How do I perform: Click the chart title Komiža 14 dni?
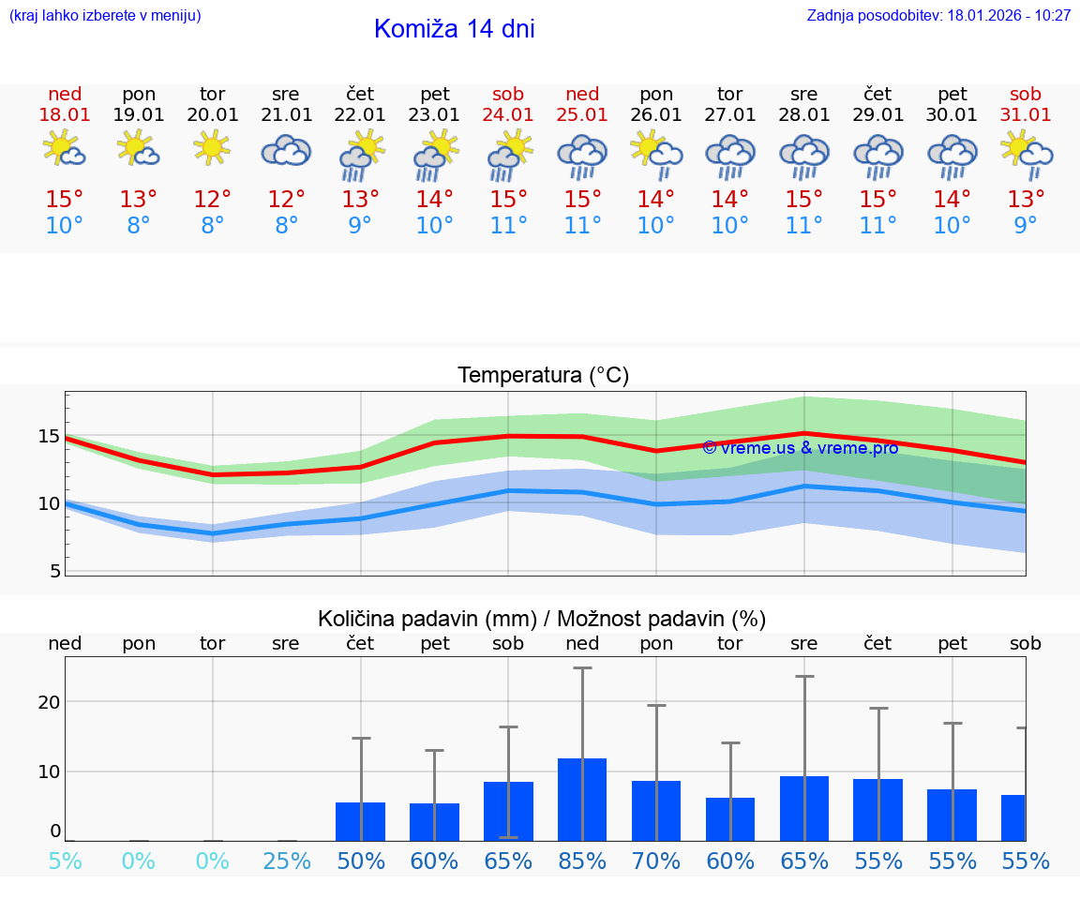pyautogui.click(x=454, y=29)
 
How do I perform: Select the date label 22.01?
pyautogui.click(x=360, y=114)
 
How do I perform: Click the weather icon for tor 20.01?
pyautogui.click(x=213, y=148)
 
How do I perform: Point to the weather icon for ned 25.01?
pyautogui.click(x=582, y=154)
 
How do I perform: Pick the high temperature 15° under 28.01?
pyautogui.click(x=803, y=200)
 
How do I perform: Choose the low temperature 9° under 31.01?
pyautogui.click(x=1026, y=226)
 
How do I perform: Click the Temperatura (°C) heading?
pyautogui.click(x=543, y=376)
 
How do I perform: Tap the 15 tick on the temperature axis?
pyautogui.click(x=49, y=436)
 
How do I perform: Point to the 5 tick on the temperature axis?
pyautogui.click(x=53, y=570)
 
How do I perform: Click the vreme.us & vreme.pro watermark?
pyautogui.click(x=800, y=448)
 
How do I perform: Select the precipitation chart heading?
pyautogui.click(x=542, y=619)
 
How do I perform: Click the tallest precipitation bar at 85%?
pyautogui.click(x=582, y=800)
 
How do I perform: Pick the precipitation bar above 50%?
pyautogui.click(x=360, y=822)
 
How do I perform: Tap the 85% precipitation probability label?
pyautogui.click(x=582, y=861)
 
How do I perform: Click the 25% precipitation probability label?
pyautogui.click(x=286, y=861)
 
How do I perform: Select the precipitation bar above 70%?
pyautogui.click(x=656, y=811)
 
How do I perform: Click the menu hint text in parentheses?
pyautogui.click(x=105, y=16)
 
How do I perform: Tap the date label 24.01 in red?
pyautogui.click(x=508, y=114)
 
